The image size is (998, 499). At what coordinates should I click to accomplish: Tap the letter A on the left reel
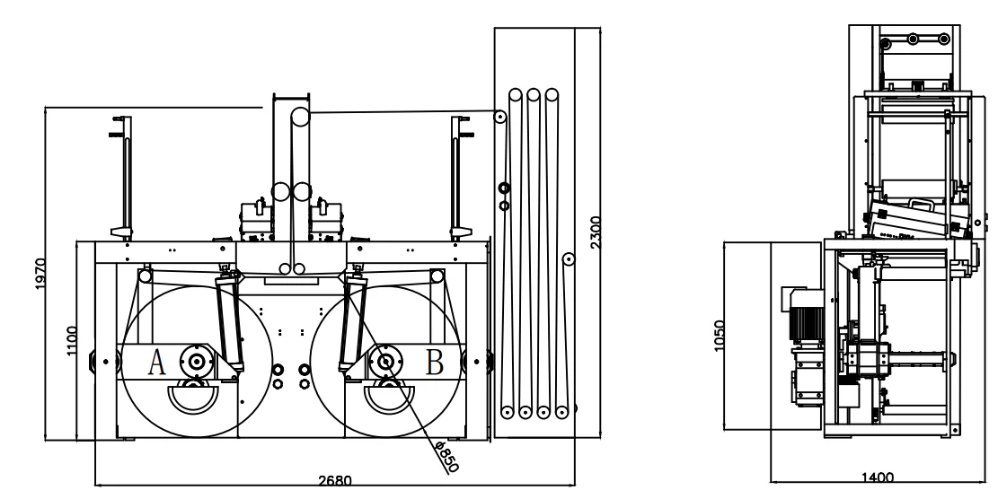[156, 362]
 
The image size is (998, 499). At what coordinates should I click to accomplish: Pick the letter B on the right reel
[434, 362]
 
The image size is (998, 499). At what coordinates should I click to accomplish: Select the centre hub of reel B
[385, 362]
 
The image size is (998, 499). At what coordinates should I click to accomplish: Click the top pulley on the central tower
[298, 117]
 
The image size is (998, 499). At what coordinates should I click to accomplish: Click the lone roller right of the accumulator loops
[568, 258]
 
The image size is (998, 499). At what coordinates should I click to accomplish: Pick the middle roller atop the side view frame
[914, 39]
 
